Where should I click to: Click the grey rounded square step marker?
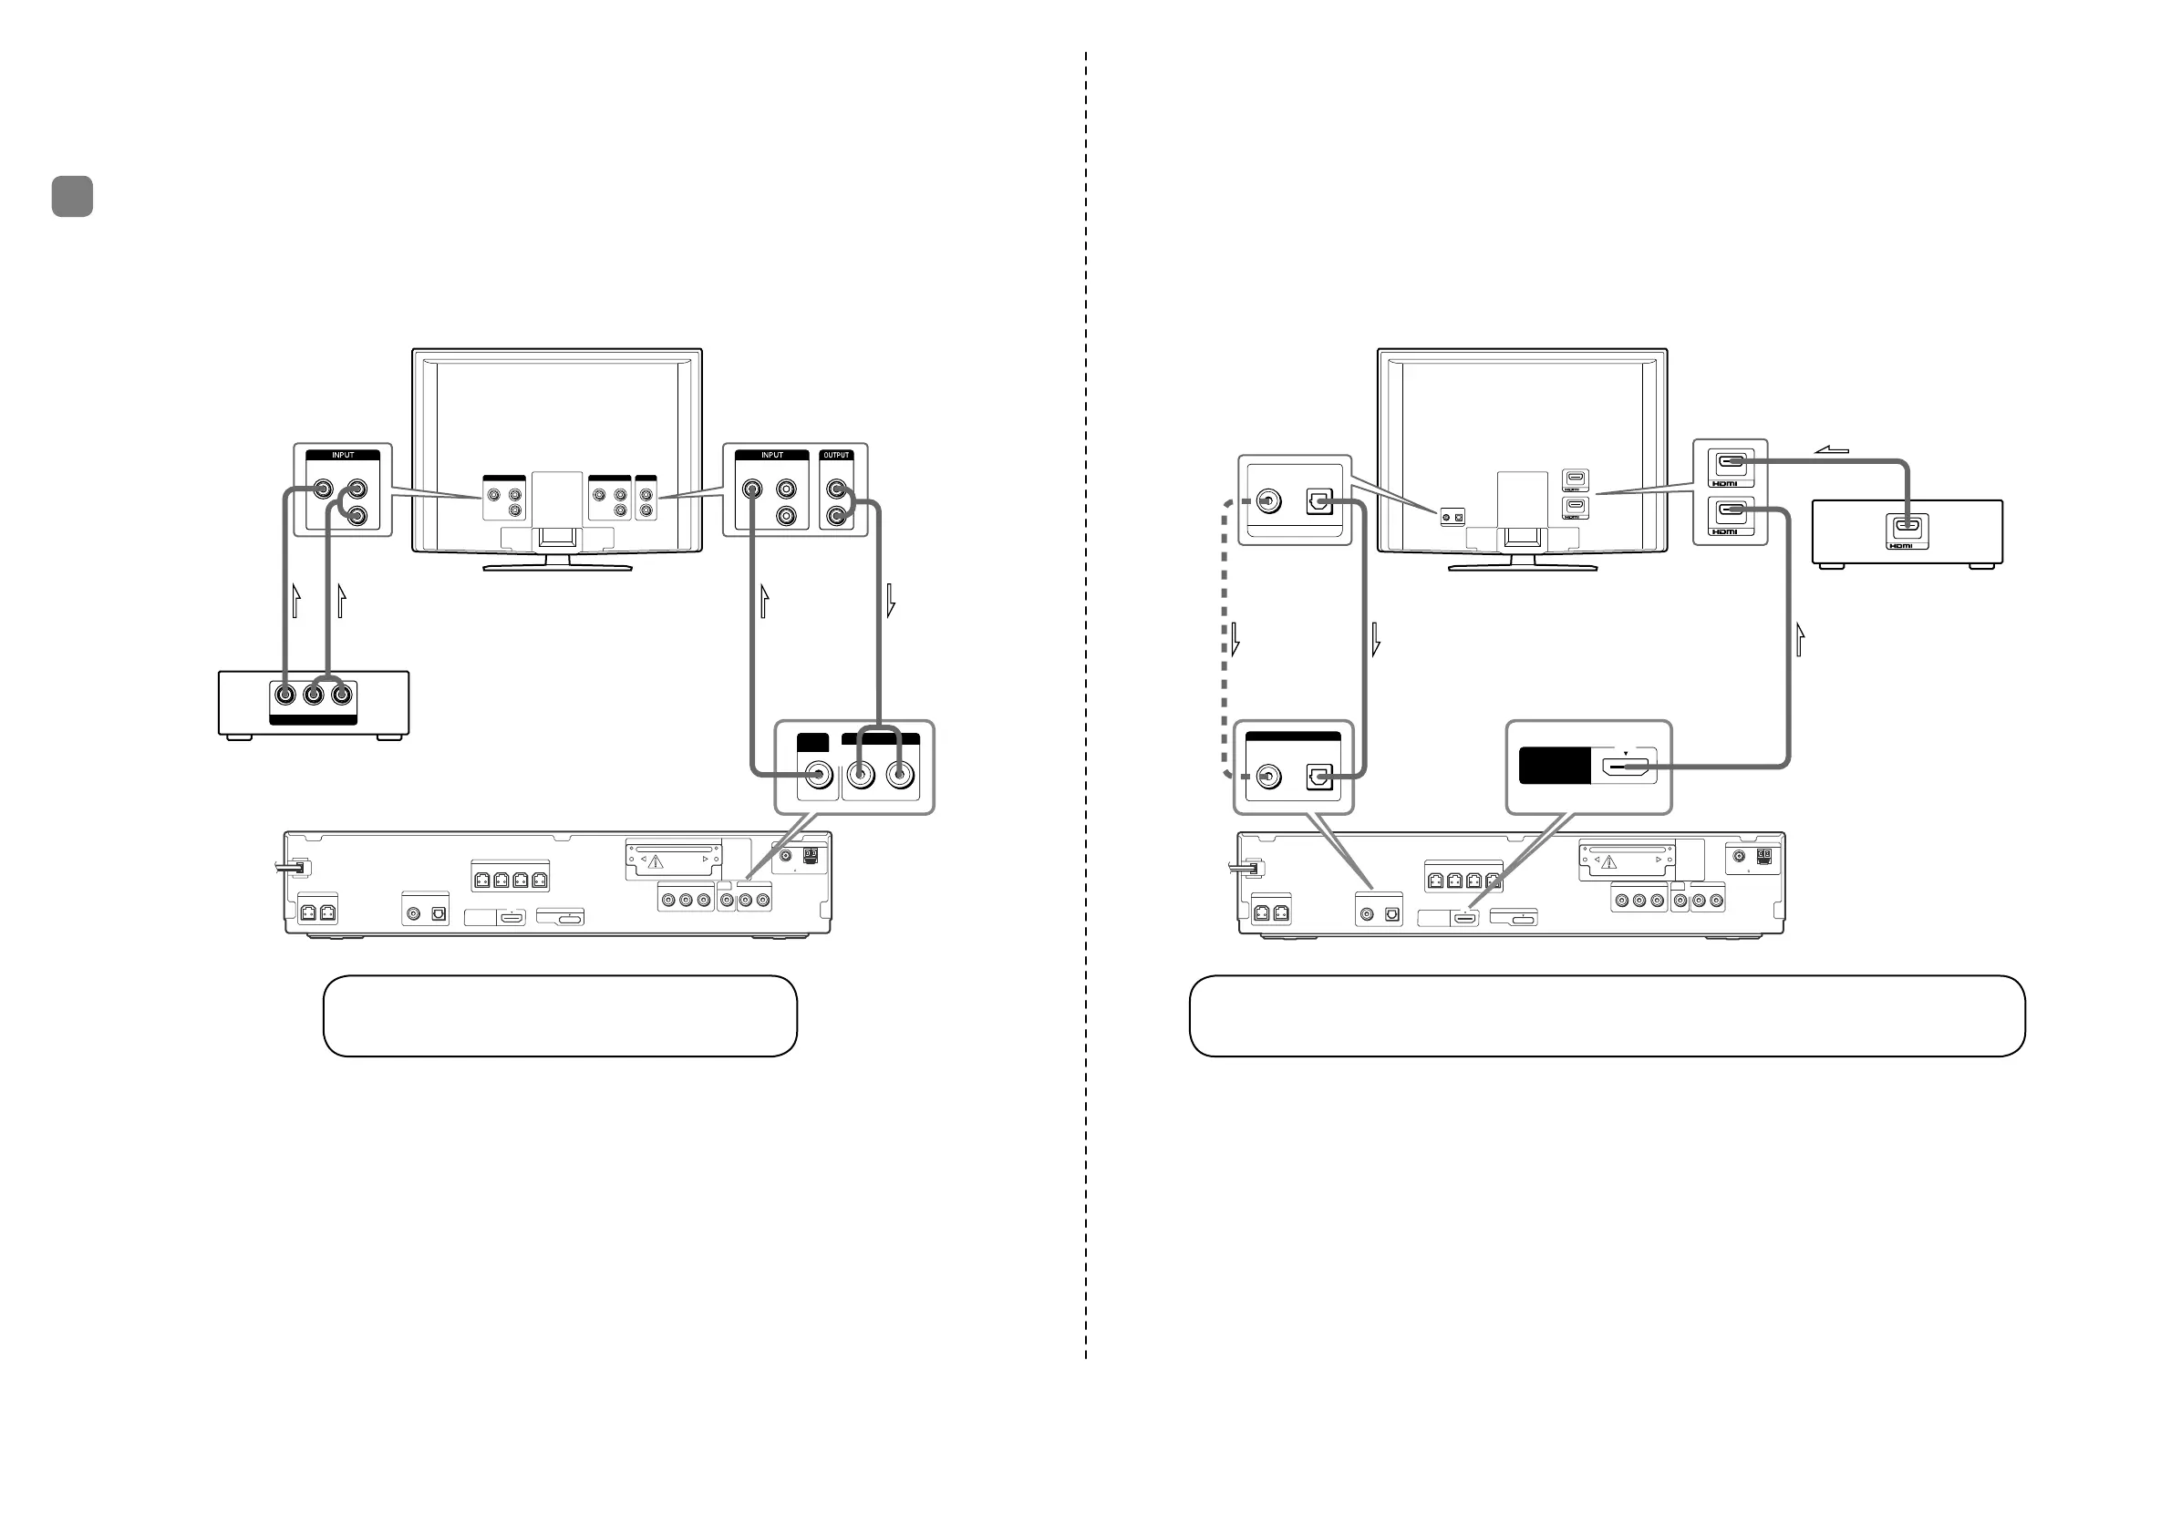pos(73,197)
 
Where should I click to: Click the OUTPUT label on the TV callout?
pos(837,456)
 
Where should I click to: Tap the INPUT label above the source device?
pos(342,456)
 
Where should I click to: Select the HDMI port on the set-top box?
pos(1907,528)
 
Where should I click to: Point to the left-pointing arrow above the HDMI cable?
pos(1832,450)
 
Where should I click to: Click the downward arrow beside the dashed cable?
pos(1235,639)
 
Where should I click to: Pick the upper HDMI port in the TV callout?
pos(1731,463)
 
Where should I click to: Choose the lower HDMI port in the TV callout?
pos(1731,511)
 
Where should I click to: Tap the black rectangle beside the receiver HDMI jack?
pos(1555,766)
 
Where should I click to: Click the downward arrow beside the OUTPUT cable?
pos(890,601)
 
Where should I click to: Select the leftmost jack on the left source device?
pos(285,695)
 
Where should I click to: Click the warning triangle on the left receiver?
pos(656,862)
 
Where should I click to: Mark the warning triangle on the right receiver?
pos(1608,862)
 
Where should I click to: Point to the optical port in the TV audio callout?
pos(1319,501)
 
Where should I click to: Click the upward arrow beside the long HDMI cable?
pos(1800,639)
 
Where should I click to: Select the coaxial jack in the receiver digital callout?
pos(1267,777)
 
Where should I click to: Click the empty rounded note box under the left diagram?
pos(560,1016)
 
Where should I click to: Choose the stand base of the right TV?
pos(1523,568)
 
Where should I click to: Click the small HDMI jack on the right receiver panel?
pos(1464,918)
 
